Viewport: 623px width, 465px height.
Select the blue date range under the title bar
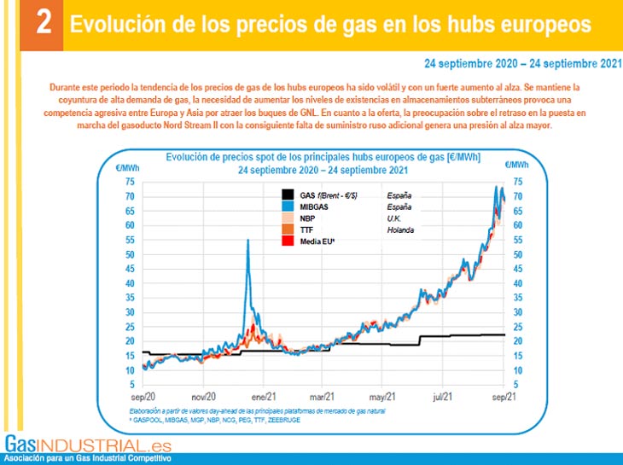[x=521, y=63]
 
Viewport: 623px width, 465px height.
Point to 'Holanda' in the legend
[x=401, y=230]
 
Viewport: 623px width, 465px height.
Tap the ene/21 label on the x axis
[x=263, y=397]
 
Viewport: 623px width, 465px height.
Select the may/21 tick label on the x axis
[x=384, y=397]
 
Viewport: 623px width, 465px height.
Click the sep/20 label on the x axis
[x=142, y=397]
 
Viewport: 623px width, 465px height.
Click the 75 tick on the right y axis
[x=517, y=182]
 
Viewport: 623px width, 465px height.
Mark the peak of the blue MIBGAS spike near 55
[x=247, y=241]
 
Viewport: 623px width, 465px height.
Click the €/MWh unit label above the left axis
[x=127, y=166]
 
